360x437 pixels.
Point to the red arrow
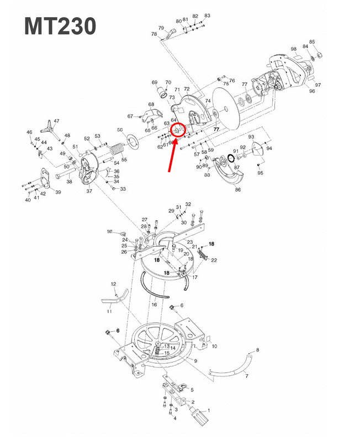point(173,154)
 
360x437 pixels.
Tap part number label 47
point(56,120)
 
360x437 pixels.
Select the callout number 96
point(312,91)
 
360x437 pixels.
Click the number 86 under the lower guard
point(238,189)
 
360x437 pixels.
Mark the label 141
point(110,231)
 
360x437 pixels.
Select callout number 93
point(251,136)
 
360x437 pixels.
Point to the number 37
point(89,191)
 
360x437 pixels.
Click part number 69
point(155,82)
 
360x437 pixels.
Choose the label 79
point(161,28)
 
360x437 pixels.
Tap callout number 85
point(312,42)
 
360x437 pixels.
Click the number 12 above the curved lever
point(113,284)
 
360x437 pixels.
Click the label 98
point(294,49)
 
